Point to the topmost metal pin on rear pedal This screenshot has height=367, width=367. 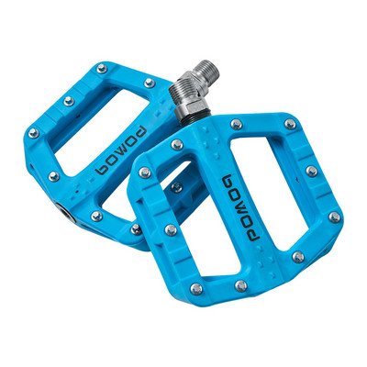tap(150, 83)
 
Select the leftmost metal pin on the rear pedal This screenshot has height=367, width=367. tap(33, 133)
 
